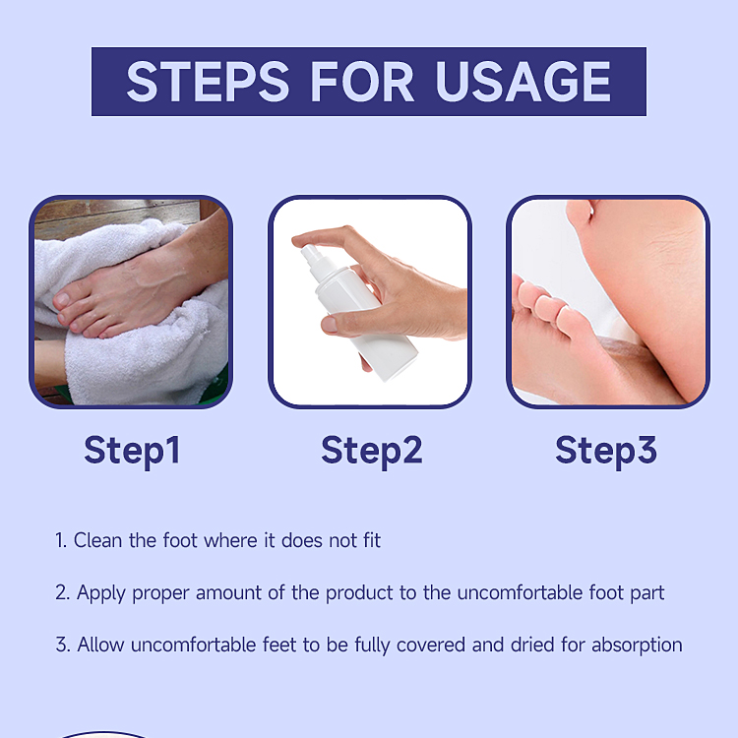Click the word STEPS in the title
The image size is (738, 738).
[x=207, y=81]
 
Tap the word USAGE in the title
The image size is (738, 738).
[x=524, y=81]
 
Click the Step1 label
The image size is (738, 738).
[x=132, y=450]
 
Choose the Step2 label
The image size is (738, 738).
[x=371, y=450]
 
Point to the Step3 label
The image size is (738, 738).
[x=606, y=450]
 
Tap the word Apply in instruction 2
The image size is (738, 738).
[x=101, y=592]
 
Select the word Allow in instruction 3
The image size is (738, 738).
[x=101, y=646]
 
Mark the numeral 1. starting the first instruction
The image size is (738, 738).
[x=60, y=540]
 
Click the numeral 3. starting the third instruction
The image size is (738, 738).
[x=61, y=646]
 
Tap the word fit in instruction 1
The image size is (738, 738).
[x=369, y=540]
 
